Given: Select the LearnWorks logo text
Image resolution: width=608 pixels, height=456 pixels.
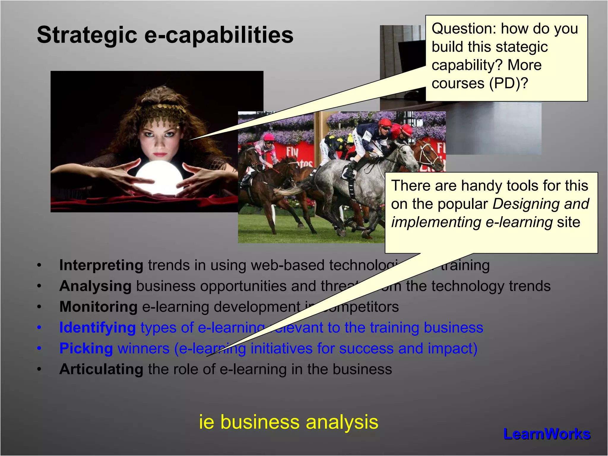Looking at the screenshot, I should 547,434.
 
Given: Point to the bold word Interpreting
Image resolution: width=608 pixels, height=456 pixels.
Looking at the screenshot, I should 101,265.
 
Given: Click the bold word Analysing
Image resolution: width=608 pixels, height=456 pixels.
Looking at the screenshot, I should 95,286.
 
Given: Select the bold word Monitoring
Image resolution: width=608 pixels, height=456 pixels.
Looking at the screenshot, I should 98,307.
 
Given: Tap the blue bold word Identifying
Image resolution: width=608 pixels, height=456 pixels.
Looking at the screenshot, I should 97,328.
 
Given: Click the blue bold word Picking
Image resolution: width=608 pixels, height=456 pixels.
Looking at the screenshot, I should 86,349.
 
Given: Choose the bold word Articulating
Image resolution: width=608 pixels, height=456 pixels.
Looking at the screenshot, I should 101,369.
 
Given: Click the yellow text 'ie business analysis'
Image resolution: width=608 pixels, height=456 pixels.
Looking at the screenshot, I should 289,422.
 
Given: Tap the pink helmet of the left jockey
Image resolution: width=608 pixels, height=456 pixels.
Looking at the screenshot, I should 269,137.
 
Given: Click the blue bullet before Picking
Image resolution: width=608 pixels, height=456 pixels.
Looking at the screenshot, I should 39,349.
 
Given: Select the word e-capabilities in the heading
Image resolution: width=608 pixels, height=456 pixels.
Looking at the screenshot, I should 219,35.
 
